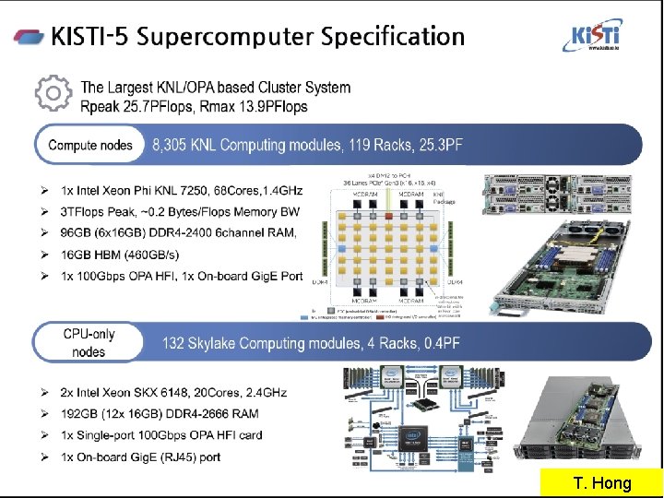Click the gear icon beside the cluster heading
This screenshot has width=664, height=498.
click(53, 92)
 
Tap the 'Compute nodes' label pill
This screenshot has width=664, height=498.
click(89, 145)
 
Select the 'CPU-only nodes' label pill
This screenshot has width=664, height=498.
click(89, 343)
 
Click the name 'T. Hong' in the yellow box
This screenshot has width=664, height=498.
click(602, 482)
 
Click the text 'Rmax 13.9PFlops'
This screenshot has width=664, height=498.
click(250, 107)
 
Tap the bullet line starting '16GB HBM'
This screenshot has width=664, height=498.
click(120, 255)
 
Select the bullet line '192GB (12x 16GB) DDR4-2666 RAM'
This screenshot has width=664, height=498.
click(160, 413)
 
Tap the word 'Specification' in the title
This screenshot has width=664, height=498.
click(395, 37)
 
